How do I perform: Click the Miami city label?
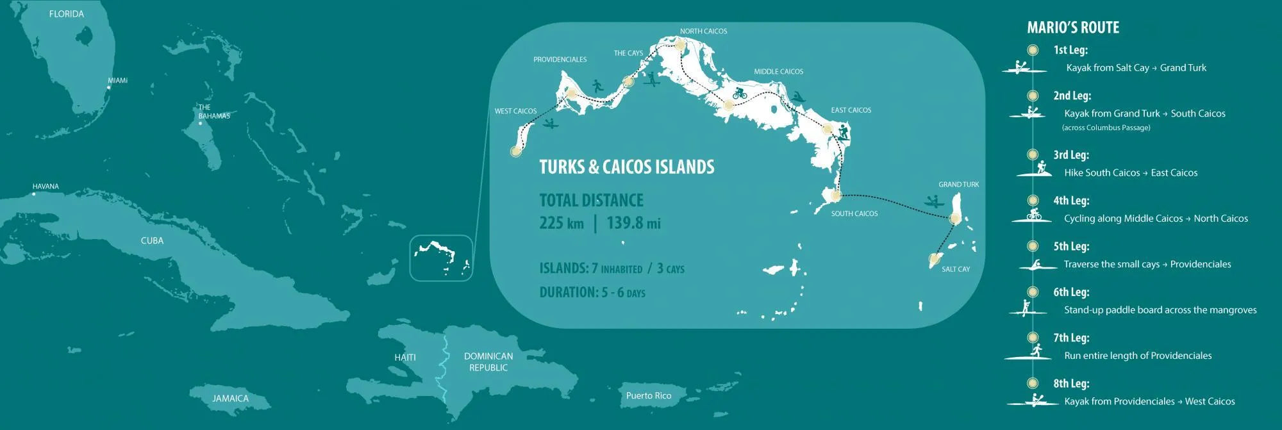click(x=117, y=81)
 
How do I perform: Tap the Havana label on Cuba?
click(x=46, y=186)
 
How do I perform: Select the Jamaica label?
click(x=230, y=399)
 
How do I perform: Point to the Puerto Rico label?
click(x=649, y=395)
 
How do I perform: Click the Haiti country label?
click(x=405, y=358)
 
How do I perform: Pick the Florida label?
click(x=67, y=14)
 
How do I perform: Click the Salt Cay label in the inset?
click(x=955, y=269)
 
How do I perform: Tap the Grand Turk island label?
click(x=958, y=185)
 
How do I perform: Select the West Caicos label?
click(x=515, y=112)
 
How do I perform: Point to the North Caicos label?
click(x=703, y=31)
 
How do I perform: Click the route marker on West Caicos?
click(x=515, y=151)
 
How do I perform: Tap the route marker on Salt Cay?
click(x=934, y=259)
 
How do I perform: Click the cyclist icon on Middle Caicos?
click(x=740, y=94)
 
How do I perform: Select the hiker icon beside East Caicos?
click(x=844, y=133)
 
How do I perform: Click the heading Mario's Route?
click(x=1073, y=28)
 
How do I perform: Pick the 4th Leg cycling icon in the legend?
click(x=1033, y=215)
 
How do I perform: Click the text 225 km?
click(x=562, y=223)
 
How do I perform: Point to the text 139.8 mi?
click(x=633, y=223)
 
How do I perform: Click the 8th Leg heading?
click(x=1071, y=384)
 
